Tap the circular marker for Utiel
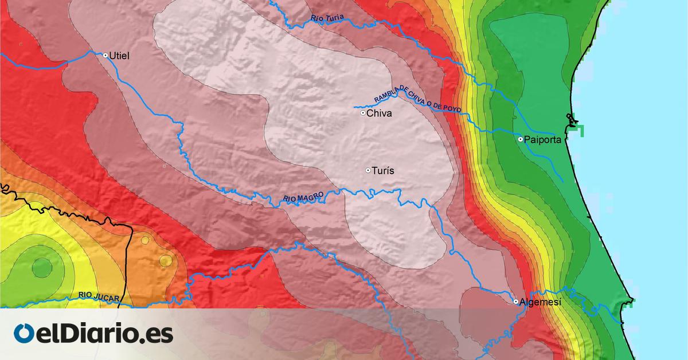(105, 56)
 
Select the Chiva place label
(379, 114)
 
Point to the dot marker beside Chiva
(363, 113)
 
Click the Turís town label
(384, 171)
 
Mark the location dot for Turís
(368, 170)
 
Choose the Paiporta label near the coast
(542, 139)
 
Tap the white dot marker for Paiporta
(520, 139)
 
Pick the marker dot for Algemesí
(516, 301)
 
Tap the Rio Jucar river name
(99, 296)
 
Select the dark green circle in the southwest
(41, 267)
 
